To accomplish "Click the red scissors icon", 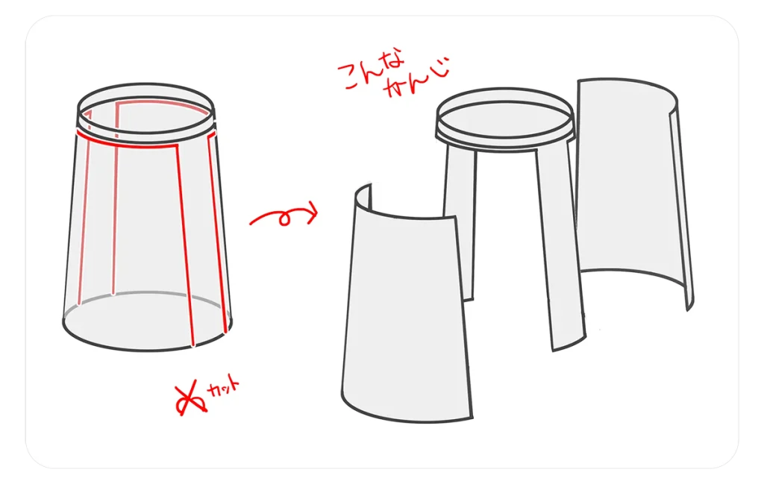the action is point(191,398).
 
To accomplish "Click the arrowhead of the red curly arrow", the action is point(312,213).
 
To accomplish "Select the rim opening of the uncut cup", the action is point(145,107).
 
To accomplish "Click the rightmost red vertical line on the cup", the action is point(217,233).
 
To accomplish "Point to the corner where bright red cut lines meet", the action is point(176,145).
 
